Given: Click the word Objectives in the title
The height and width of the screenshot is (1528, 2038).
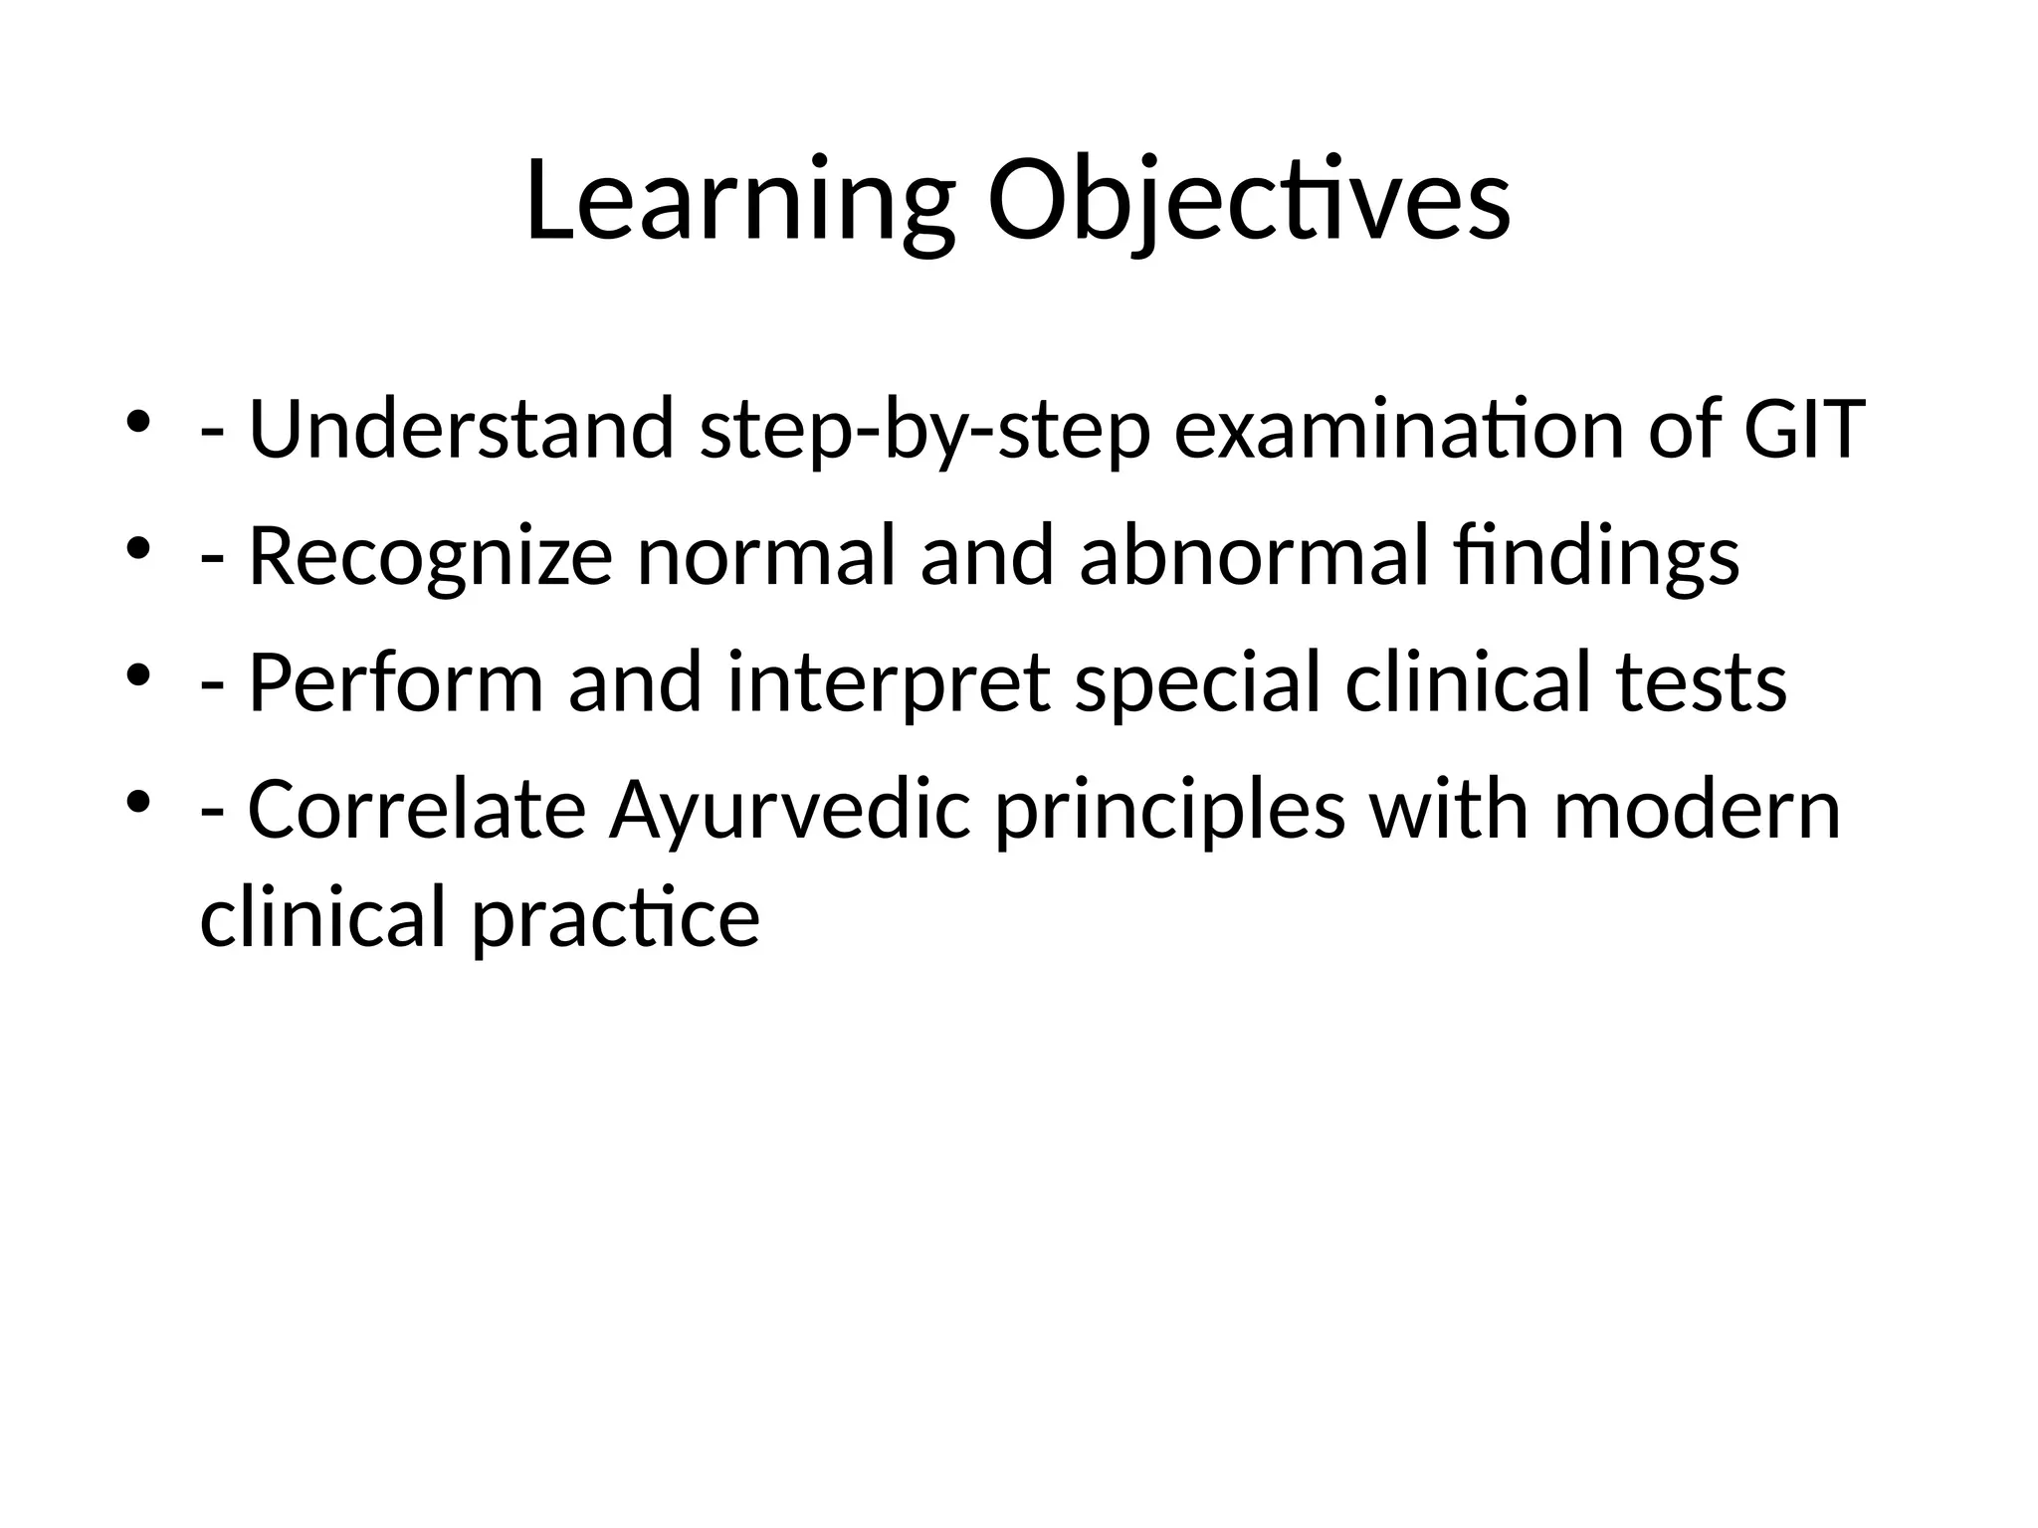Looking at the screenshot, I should [x=1248, y=202].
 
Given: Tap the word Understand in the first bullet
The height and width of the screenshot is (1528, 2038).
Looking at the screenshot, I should [x=461, y=429].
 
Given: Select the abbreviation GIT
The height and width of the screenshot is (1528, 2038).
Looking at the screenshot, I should [x=1803, y=429].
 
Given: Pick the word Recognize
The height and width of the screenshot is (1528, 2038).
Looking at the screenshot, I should [x=429, y=557].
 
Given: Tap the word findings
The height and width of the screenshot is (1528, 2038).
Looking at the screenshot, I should [x=1596, y=557].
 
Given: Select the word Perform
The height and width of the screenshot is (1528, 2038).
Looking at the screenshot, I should [x=395, y=683].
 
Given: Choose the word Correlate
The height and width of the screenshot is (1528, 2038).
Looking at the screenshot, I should [x=415, y=810].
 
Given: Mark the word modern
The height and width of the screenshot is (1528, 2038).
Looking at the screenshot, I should [x=1697, y=810].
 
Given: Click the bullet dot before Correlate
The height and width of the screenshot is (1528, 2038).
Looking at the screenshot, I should [x=138, y=801].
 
